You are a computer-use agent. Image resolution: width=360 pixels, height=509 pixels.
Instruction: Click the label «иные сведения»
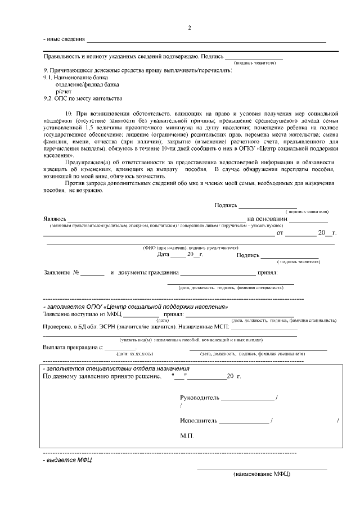(65, 39)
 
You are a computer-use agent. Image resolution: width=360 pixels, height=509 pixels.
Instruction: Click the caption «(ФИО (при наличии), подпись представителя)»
(191, 247)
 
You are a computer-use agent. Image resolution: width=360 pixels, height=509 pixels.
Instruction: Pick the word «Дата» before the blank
(163, 255)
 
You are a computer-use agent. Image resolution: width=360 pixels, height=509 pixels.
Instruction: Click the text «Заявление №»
(61, 273)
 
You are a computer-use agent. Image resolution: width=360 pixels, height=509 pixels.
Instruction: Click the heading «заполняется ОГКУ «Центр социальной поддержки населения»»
(135, 307)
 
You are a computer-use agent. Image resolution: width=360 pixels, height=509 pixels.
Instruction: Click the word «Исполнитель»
(198, 420)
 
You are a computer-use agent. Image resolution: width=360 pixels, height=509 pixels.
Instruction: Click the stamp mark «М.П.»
(187, 436)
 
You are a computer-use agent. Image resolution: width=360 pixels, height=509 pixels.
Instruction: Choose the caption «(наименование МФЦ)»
(262, 474)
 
